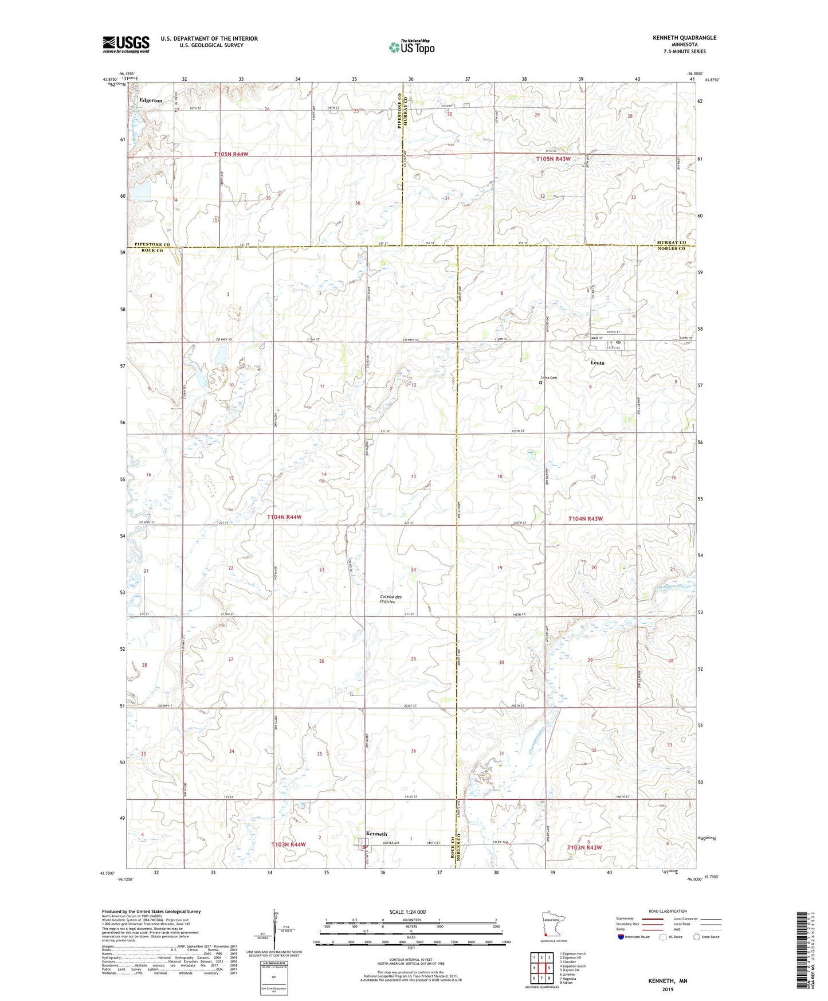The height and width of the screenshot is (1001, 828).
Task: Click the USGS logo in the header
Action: pyautogui.click(x=125, y=44)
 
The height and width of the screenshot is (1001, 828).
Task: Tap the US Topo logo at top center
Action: pyautogui.click(x=411, y=47)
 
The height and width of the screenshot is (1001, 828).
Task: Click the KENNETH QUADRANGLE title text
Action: pyautogui.click(x=684, y=38)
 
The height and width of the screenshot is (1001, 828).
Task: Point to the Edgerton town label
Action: pyautogui.click(x=151, y=100)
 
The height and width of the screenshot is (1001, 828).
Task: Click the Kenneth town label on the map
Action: pyautogui.click(x=376, y=834)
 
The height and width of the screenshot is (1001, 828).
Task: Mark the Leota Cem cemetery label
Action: pyautogui.click(x=549, y=377)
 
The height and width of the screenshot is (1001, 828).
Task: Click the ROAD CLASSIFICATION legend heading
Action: pyautogui.click(x=668, y=911)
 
